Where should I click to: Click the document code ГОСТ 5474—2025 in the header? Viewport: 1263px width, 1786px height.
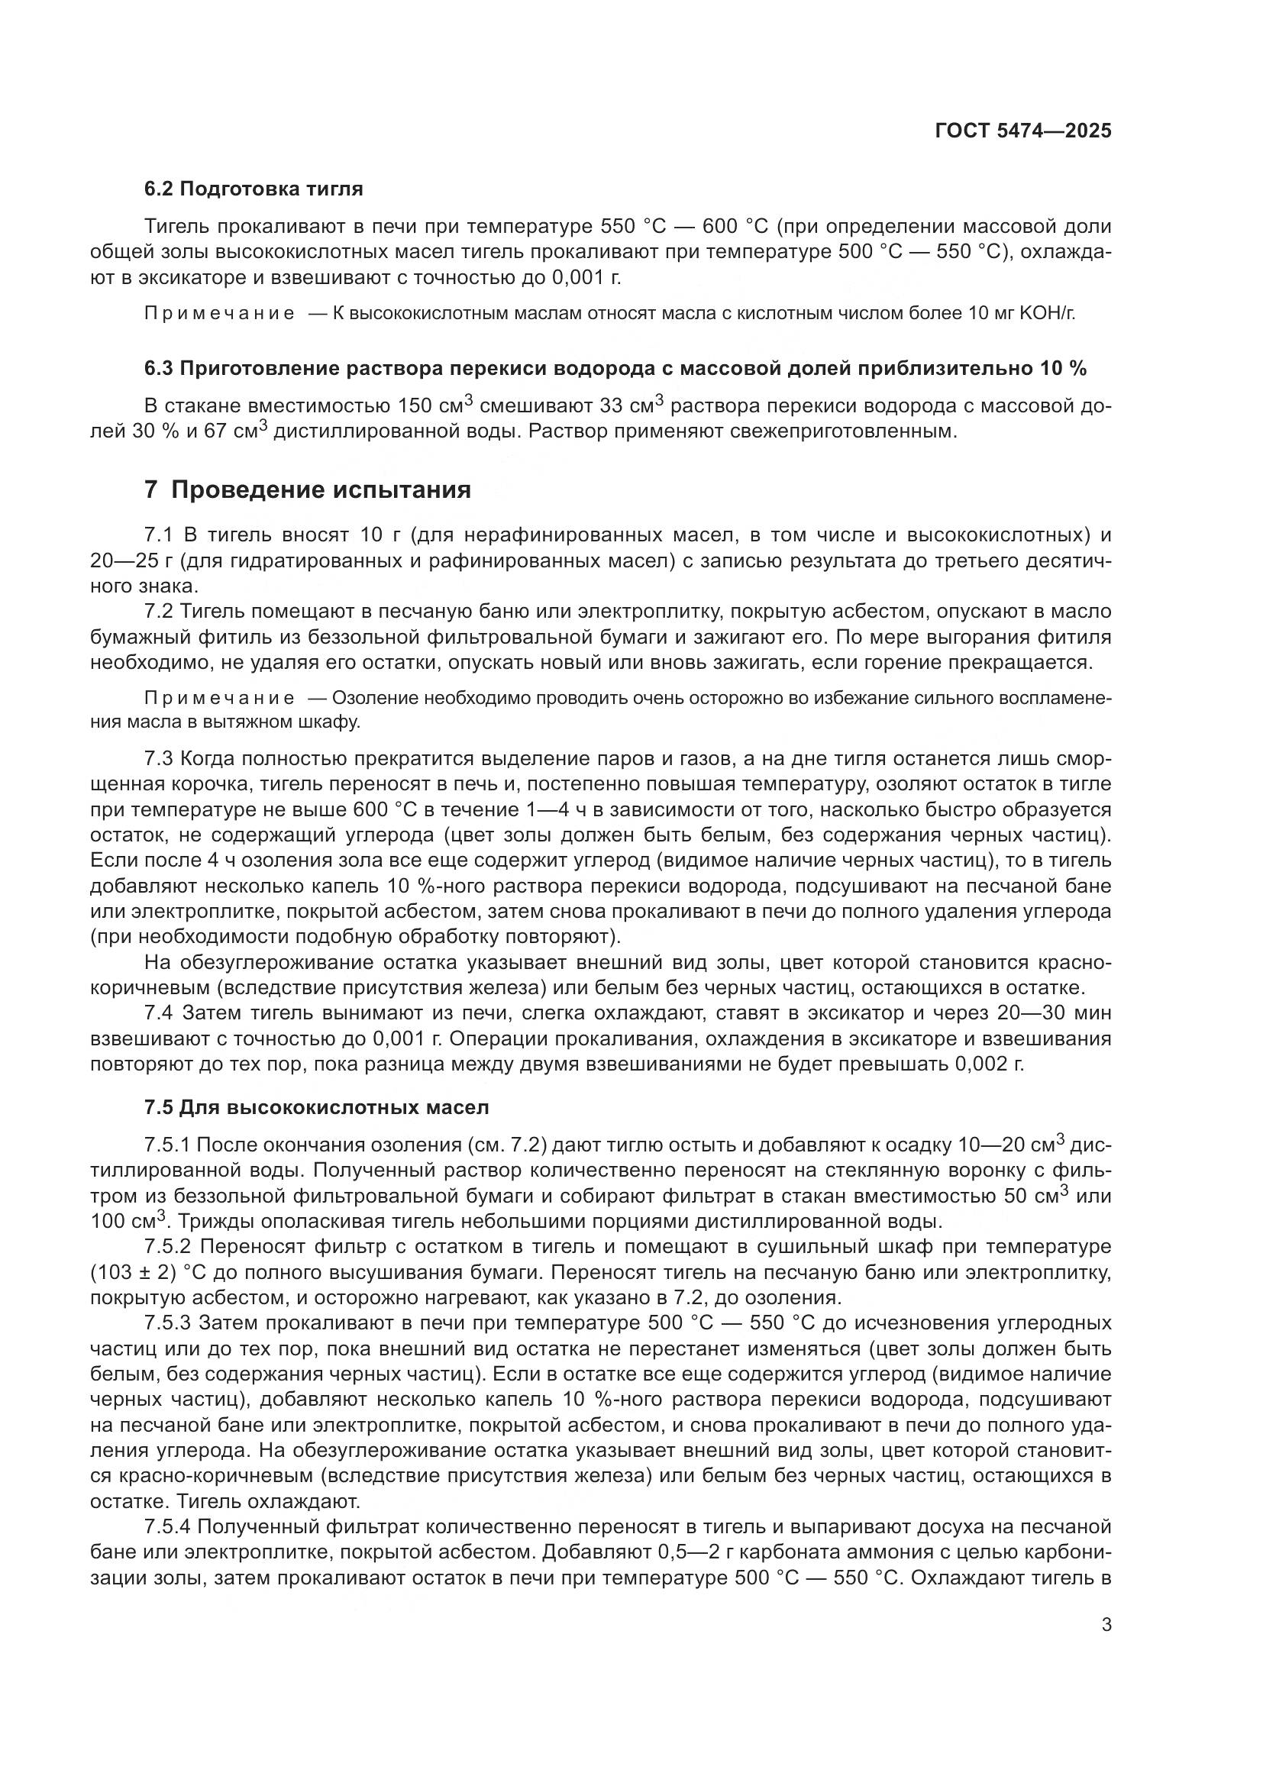point(1022,131)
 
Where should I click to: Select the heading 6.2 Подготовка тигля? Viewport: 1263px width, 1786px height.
point(254,189)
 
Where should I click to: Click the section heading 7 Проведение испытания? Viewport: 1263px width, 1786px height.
point(308,490)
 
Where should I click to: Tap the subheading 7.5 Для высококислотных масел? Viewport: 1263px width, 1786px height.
point(317,1107)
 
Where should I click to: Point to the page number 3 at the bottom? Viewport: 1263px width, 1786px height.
point(1106,1625)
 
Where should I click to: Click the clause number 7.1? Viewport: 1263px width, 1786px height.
point(160,535)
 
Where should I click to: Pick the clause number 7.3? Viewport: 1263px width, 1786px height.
point(160,759)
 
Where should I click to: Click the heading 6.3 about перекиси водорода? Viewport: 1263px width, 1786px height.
point(615,369)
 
